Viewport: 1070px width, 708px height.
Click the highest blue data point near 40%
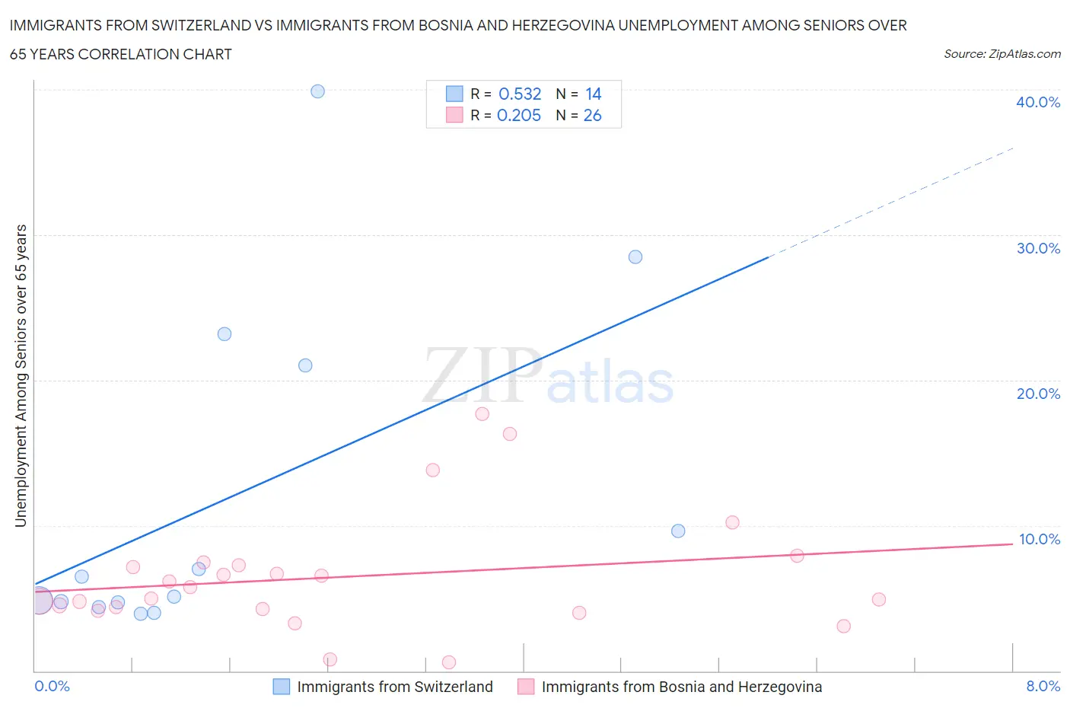pyautogui.click(x=317, y=91)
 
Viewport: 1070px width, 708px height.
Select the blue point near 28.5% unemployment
pyautogui.click(x=635, y=257)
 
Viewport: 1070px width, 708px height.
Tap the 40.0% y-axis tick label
pyautogui.click(x=1037, y=102)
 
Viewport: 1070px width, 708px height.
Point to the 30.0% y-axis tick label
pyautogui.click(x=1037, y=248)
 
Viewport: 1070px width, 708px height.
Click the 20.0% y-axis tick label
pyautogui.click(x=1037, y=394)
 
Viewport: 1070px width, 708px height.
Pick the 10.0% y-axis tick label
pyautogui.click(x=1039, y=539)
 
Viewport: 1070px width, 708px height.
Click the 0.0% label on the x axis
pyautogui.click(x=52, y=686)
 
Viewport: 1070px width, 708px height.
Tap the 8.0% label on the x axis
pyautogui.click(x=1043, y=686)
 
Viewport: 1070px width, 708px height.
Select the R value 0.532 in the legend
pyautogui.click(x=520, y=94)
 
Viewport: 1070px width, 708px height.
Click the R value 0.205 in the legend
pyautogui.click(x=519, y=115)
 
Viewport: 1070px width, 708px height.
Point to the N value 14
pyautogui.click(x=593, y=94)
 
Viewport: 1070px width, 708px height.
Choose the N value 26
pyautogui.click(x=592, y=115)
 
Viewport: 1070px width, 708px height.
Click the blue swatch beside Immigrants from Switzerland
pyautogui.click(x=281, y=687)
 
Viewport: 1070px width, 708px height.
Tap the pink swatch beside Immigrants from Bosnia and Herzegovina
pyautogui.click(x=526, y=687)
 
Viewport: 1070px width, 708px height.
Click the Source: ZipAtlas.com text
pyautogui.click(x=1002, y=54)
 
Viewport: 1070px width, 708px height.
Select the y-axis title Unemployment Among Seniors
pyautogui.click(x=21, y=375)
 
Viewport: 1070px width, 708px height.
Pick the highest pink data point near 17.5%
pyautogui.click(x=482, y=414)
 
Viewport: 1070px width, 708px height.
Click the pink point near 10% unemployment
pyautogui.click(x=732, y=522)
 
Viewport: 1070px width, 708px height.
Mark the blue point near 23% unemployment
pyautogui.click(x=224, y=334)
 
